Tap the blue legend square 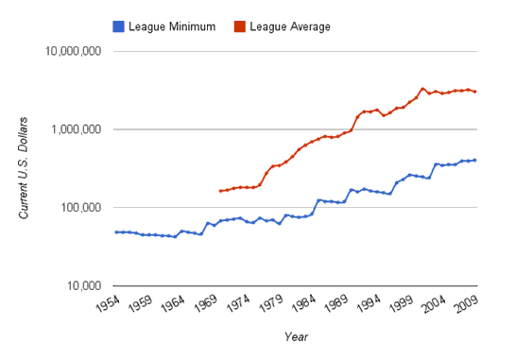pos(118,26)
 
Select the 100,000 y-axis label pos(79,208)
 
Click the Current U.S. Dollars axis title pos(26,168)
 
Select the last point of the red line pos(475,92)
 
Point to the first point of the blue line pos(116,231)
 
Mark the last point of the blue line pos(475,160)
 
